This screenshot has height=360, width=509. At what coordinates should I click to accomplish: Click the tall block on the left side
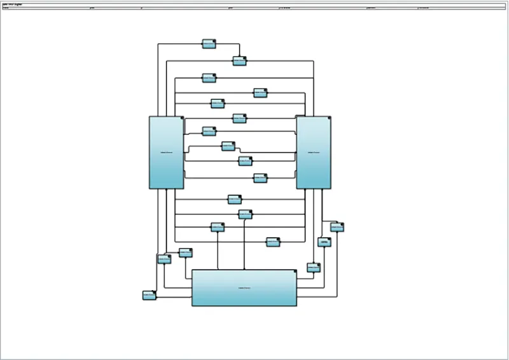[167, 153]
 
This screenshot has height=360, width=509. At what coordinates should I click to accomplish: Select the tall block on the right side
[314, 153]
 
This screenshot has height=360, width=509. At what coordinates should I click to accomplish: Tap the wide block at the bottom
[244, 288]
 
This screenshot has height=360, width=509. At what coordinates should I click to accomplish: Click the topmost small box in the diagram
[209, 44]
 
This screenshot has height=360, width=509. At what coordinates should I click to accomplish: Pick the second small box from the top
[239, 61]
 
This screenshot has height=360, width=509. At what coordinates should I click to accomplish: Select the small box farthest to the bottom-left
[150, 295]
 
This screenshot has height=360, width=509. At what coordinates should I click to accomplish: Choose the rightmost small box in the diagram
[337, 226]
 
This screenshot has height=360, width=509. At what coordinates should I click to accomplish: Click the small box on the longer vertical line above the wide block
[245, 214]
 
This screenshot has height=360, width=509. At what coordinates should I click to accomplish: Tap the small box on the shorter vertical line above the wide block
[218, 226]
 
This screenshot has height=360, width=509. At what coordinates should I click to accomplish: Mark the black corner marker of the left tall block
[182, 118]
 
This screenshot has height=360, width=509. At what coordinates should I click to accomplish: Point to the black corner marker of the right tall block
[329, 118]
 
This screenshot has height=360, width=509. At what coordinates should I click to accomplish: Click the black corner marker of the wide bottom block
[295, 271]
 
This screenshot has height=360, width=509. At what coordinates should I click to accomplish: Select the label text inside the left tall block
[166, 153]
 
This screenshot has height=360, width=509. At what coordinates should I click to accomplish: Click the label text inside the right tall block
[313, 153]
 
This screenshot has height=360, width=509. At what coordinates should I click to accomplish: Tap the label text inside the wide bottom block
[244, 288]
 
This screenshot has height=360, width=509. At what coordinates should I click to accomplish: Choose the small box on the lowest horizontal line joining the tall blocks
[260, 178]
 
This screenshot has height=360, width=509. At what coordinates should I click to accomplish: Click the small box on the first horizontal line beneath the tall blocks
[235, 199]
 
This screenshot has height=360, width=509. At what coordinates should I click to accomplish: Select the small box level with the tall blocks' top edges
[239, 118]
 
